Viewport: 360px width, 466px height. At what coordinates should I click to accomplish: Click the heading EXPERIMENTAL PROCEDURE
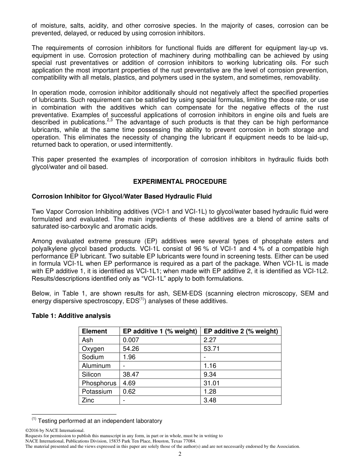pos(180,181)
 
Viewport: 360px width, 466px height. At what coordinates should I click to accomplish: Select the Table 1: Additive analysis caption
pos(71,316)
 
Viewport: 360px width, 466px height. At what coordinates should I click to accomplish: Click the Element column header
pos(94,331)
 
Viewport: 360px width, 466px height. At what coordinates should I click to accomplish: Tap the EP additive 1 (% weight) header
pos(160,331)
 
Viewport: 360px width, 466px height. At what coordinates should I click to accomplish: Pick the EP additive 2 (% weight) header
pos(241,331)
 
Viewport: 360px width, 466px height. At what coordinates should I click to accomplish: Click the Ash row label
pos(88,340)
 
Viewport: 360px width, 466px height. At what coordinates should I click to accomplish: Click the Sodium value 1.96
pos(129,357)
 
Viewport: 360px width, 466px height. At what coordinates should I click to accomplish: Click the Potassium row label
pos(97,391)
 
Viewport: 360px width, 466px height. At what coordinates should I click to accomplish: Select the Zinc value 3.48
pos(210,400)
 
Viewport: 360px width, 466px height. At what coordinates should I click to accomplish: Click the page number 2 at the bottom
pos(180,454)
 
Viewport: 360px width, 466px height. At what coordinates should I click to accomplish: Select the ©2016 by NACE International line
pos(55,430)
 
